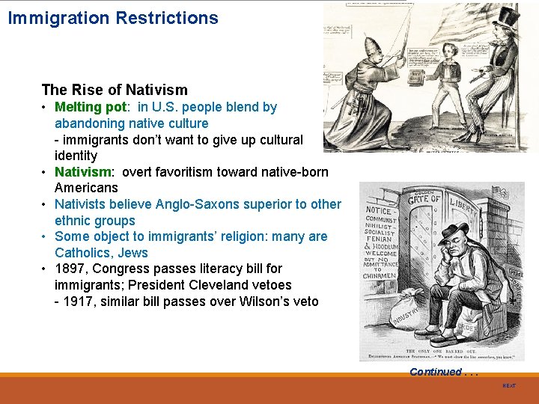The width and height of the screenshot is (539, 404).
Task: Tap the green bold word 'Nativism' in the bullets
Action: coord(82,172)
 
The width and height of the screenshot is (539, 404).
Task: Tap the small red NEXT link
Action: coord(509,385)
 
